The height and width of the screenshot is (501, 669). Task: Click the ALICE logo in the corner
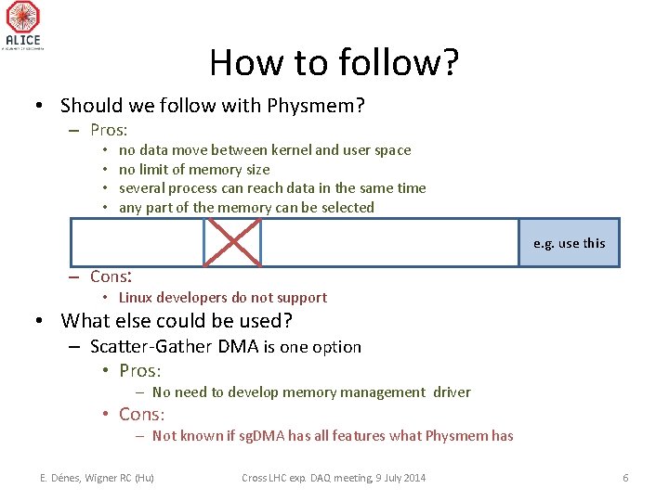click(23, 24)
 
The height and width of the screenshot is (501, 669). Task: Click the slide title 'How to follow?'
click(334, 62)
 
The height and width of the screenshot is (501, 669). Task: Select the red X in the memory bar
click(232, 242)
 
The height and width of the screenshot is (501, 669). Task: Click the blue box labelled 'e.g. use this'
click(569, 243)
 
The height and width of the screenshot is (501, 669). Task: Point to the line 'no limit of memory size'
click(194, 169)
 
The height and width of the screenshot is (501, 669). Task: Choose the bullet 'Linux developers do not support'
click(222, 297)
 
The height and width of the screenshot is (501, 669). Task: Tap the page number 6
click(625, 478)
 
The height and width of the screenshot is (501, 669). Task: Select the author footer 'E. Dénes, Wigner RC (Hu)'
click(97, 478)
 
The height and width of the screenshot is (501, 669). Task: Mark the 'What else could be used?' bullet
click(177, 321)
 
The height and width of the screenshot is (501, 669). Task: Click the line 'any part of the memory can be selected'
click(246, 207)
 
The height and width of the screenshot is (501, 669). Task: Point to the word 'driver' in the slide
click(452, 392)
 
